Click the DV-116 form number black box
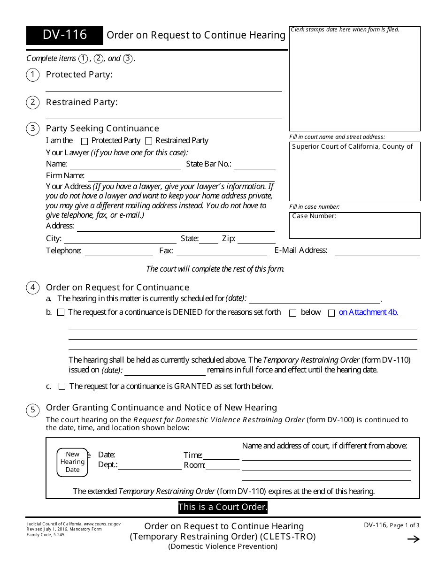(65, 35)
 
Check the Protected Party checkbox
(85, 141)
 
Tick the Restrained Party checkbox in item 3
(149, 141)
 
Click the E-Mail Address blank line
(377, 252)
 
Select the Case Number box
(354, 226)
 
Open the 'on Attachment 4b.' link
(368, 312)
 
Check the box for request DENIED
(61, 312)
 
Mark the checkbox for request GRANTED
(62, 387)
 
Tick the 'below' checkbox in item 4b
(293, 313)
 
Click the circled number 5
(32, 410)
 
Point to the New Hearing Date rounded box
(72, 462)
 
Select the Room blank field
(222, 466)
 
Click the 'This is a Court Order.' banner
(223, 507)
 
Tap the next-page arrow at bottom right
(413, 539)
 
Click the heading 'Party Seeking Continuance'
(102, 129)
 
